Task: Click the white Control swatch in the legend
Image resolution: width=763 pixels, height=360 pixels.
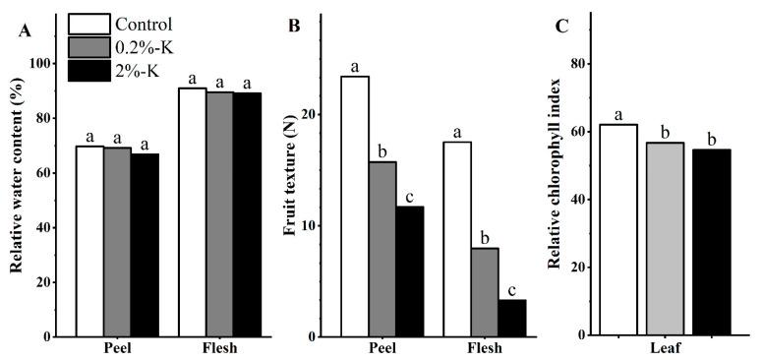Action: click(88, 23)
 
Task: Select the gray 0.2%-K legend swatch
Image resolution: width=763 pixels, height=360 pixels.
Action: click(88, 46)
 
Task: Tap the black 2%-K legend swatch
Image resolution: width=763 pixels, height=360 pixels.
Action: click(88, 70)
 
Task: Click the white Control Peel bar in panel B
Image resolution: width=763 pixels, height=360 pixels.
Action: click(354, 206)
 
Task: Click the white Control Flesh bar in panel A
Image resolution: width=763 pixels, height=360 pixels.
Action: click(193, 211)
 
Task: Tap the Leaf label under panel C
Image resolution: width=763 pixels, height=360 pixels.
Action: click(664, 348)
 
